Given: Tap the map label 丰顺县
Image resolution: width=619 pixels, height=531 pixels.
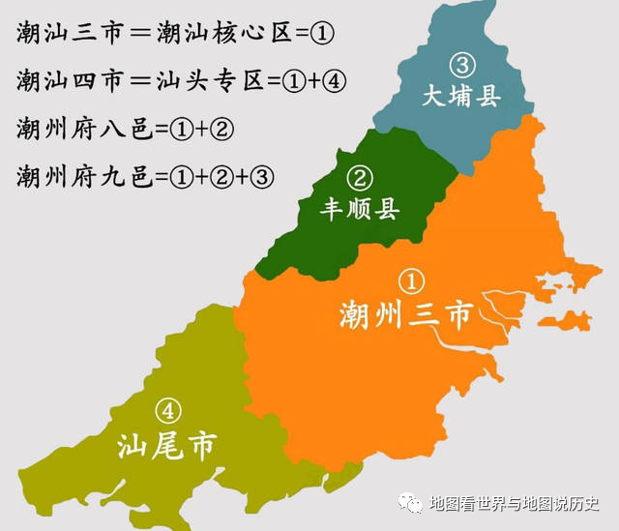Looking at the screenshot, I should [361, 209].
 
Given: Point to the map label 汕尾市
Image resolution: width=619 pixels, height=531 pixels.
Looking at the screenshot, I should [166, 445].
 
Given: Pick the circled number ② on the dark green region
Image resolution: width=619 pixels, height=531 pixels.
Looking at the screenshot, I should [360, 178].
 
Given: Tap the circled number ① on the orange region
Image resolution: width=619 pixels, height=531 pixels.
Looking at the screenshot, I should [412, 281].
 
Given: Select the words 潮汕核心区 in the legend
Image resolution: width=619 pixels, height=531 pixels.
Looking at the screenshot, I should [212, 33].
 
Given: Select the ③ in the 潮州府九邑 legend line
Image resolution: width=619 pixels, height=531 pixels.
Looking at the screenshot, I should [263, 177].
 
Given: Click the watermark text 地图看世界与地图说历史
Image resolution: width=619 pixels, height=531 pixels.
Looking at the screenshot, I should [514, 504].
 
